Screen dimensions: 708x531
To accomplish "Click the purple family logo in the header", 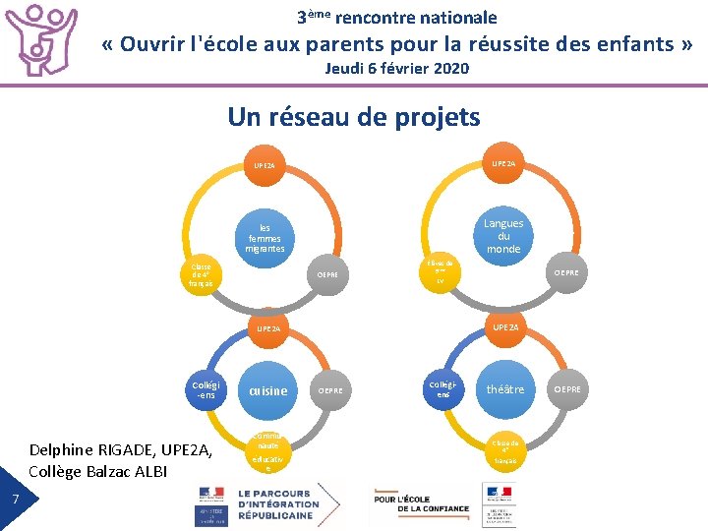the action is (x=42, y=41).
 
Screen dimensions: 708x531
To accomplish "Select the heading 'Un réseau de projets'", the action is (x=354, y=117).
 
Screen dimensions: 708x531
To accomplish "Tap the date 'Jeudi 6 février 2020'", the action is (x=397, y=68).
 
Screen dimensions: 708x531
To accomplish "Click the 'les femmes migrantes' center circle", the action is (x=265, y=237).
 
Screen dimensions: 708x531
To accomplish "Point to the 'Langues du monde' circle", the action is (x=503, y=236).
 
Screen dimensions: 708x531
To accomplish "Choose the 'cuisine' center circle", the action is (x=268, y=390).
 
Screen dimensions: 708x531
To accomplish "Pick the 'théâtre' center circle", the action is (x=506, y=389).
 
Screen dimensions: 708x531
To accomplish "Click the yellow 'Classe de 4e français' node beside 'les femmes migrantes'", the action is (x=202, y=275).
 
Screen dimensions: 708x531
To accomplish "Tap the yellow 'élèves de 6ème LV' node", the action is (x=441, y=272).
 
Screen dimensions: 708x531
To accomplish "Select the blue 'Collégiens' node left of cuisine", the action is (x=206, y=390).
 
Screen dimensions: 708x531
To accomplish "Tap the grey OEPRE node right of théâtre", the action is (x=567, y=389).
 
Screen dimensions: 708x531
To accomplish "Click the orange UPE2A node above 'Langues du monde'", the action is (x=504, y=162).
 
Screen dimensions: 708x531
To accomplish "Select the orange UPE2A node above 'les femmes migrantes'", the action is (x=265, y=166).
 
